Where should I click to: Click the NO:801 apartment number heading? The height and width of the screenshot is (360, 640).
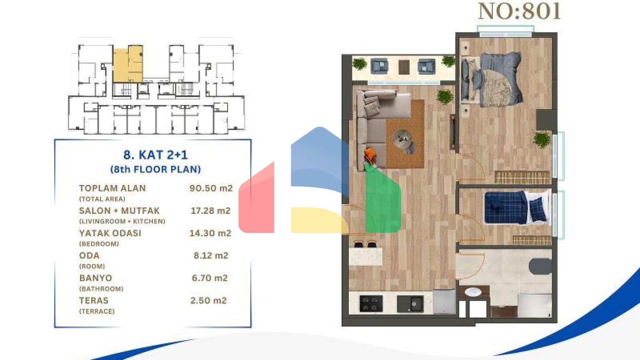[519, 12]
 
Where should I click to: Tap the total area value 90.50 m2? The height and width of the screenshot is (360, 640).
[211, 188]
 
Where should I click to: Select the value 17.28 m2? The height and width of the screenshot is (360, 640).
[210, 211]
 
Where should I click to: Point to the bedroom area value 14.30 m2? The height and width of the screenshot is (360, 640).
[210, 233]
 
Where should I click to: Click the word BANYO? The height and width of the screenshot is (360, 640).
[96, 278]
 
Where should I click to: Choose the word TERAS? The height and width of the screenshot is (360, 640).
[94, 300]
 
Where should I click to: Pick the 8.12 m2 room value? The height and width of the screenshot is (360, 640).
[211, 255]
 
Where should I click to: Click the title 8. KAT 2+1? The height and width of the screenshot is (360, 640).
[155, 155]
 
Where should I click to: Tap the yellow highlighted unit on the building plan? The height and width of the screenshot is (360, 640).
[128, 64]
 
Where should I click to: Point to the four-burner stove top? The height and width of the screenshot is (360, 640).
[371, 303]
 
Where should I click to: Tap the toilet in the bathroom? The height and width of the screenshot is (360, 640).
[540, 266]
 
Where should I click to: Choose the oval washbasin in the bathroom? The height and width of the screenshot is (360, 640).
[473, 292]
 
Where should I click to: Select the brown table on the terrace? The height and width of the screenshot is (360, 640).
[404, 67]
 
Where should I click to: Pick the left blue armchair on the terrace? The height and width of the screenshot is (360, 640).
[380, 66]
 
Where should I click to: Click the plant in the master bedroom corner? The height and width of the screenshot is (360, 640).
[541, 140]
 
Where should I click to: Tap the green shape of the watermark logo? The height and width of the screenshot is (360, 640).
[383, 200]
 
